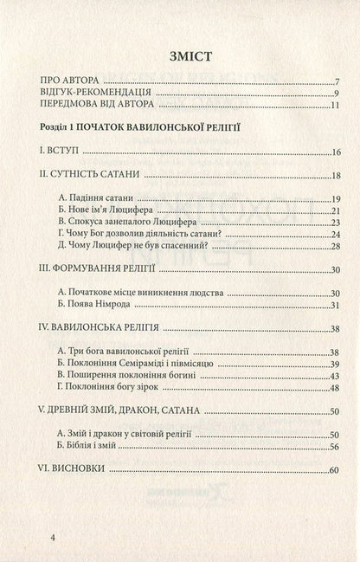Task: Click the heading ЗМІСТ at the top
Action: pos(180,58)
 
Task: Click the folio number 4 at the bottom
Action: pos(54,538)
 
